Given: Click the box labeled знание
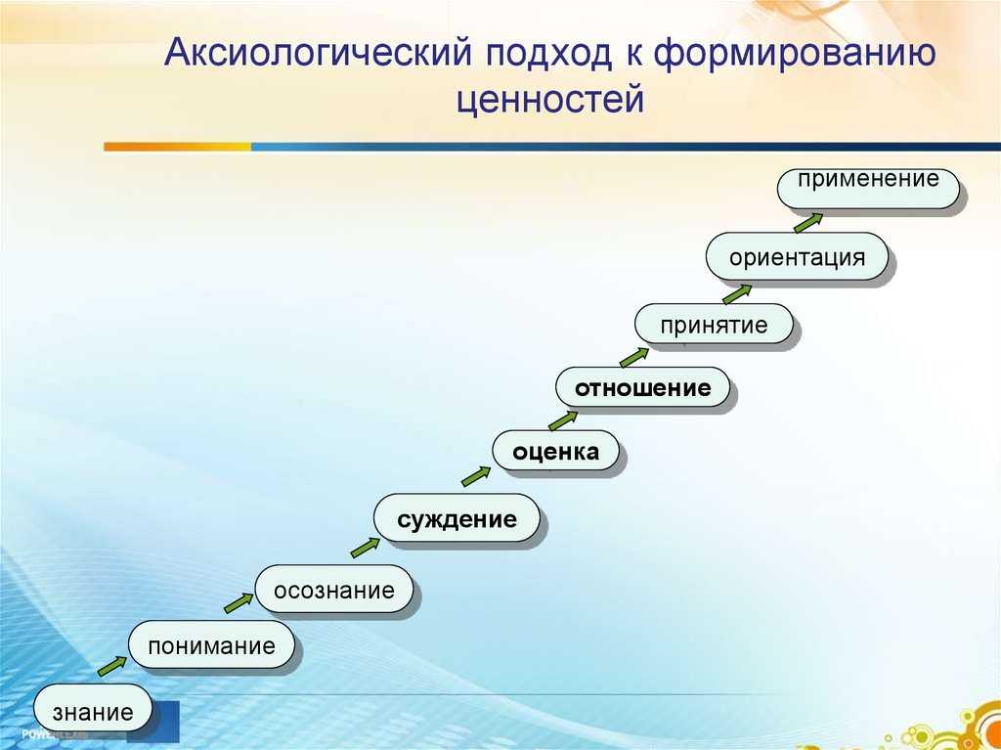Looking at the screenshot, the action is pyautogui.click(x=93, y=708).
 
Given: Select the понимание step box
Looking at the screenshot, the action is pyautogui.click(x=211, y=644).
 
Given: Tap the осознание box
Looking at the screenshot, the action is pyautogui.click(x=334, y=589).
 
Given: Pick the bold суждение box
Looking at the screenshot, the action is pyautogui.click(x=457, y=518).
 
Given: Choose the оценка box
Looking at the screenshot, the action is pyautogui.click(x=555, y=451).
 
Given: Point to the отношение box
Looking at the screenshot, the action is pyautogui.click(x=642, y=387).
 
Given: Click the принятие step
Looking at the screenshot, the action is pyautogui.click(x=714, y=324).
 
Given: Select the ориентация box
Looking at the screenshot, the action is pyautogui.click(x=797, y=256).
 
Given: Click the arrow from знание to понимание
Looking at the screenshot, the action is pyautogui.click(x=112, y=666).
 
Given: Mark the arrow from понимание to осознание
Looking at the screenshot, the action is pyautogui.click(x=239, y=603).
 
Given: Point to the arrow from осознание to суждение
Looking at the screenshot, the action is pyautogui.click(x=366, y=548).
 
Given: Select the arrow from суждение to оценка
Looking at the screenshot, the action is pyautogui.click(x=476, y=476).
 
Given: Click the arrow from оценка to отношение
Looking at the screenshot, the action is pyautogui.click(x=563, y=420).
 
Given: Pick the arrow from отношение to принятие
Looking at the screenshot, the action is pyautogui.click(x=634, y=357).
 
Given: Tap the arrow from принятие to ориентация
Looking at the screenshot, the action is pyautogui.click(x=737, y=294).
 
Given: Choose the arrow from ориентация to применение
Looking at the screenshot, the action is pyautogui.click(x=808, y=223).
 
